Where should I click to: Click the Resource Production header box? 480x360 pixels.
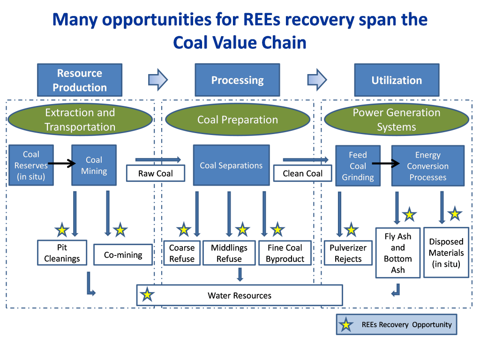(80, 80)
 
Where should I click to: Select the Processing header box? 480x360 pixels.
(237, 80)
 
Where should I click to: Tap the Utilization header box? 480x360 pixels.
(397, 80)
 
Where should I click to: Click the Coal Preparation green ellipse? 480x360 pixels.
(238, 120)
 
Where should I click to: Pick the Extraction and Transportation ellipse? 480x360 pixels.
(80, 120)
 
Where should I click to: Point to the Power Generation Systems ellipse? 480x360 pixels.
(397, 120)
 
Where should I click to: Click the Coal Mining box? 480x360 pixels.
(94, 165)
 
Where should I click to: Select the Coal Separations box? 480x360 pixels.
(231, 165)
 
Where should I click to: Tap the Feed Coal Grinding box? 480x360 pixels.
(358, 166)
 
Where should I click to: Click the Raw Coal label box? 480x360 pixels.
(156, 173)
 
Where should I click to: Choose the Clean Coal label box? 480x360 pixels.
(302, 173)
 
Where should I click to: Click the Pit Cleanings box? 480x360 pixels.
(62, 253)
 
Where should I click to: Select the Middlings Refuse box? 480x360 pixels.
(229, 253)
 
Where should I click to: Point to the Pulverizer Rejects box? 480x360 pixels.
(348, 253)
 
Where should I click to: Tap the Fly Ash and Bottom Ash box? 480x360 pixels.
(397, 253)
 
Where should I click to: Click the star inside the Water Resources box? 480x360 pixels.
(147, 294)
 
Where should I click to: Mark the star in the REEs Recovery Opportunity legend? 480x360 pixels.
(346, 324)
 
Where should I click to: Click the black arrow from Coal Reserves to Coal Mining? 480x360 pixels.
(62, 163)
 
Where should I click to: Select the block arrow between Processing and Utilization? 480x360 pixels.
(317, 80)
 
